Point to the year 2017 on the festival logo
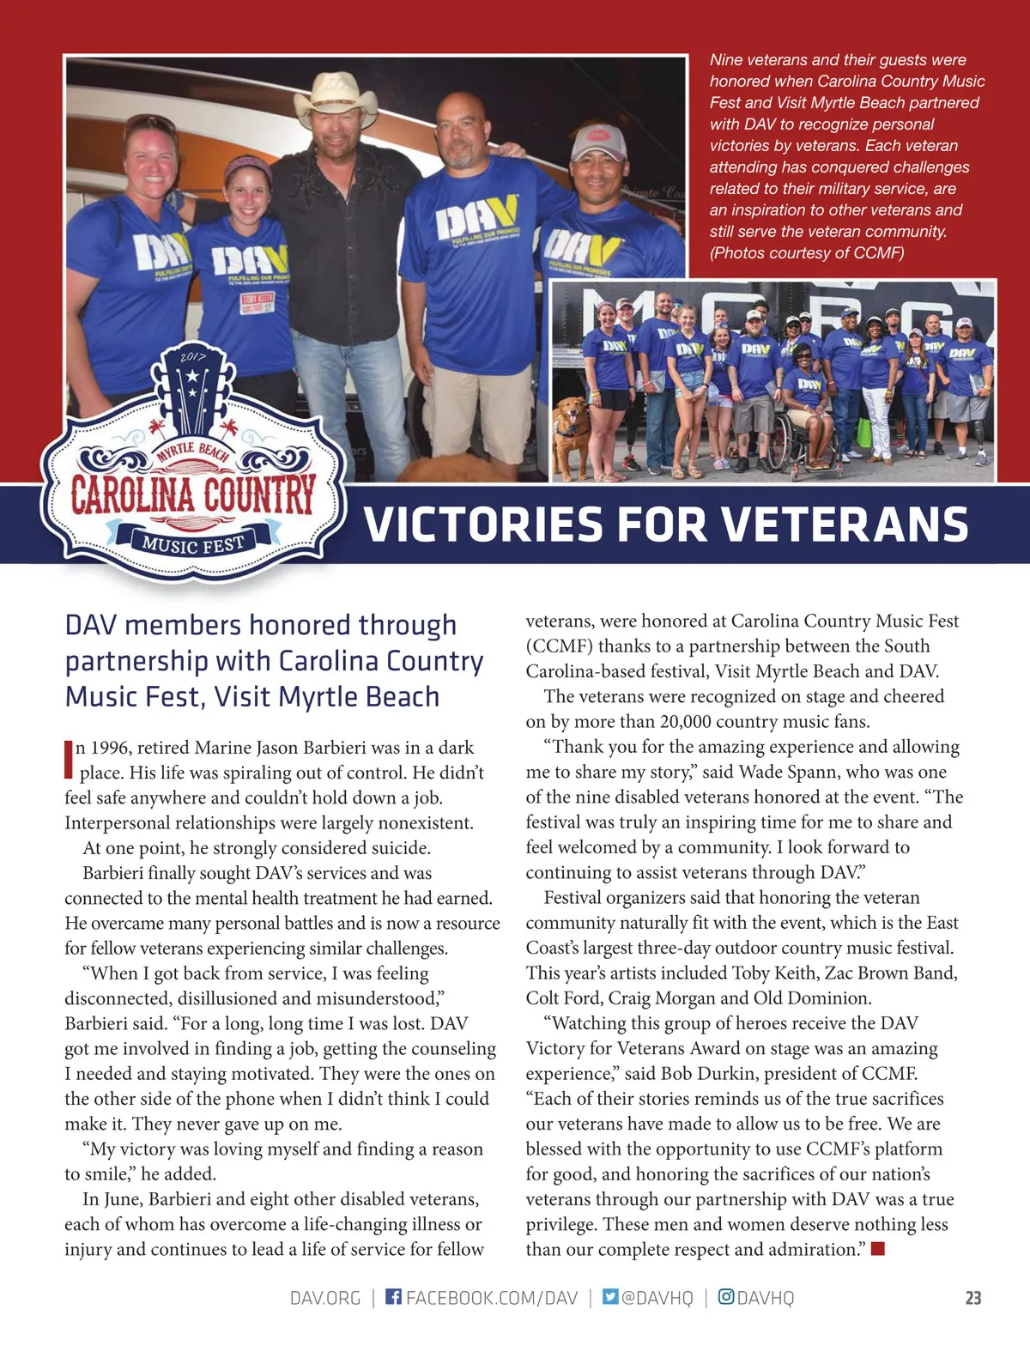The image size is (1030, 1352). point(192,356)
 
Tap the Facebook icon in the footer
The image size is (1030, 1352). point(393,1296)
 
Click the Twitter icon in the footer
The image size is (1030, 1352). point(610,1296)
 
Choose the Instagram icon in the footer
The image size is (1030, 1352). point(725,1296)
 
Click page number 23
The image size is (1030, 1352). point(972,1298)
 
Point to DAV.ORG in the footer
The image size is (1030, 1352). point(325,1298)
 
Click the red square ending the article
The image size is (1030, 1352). point(877,1249)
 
